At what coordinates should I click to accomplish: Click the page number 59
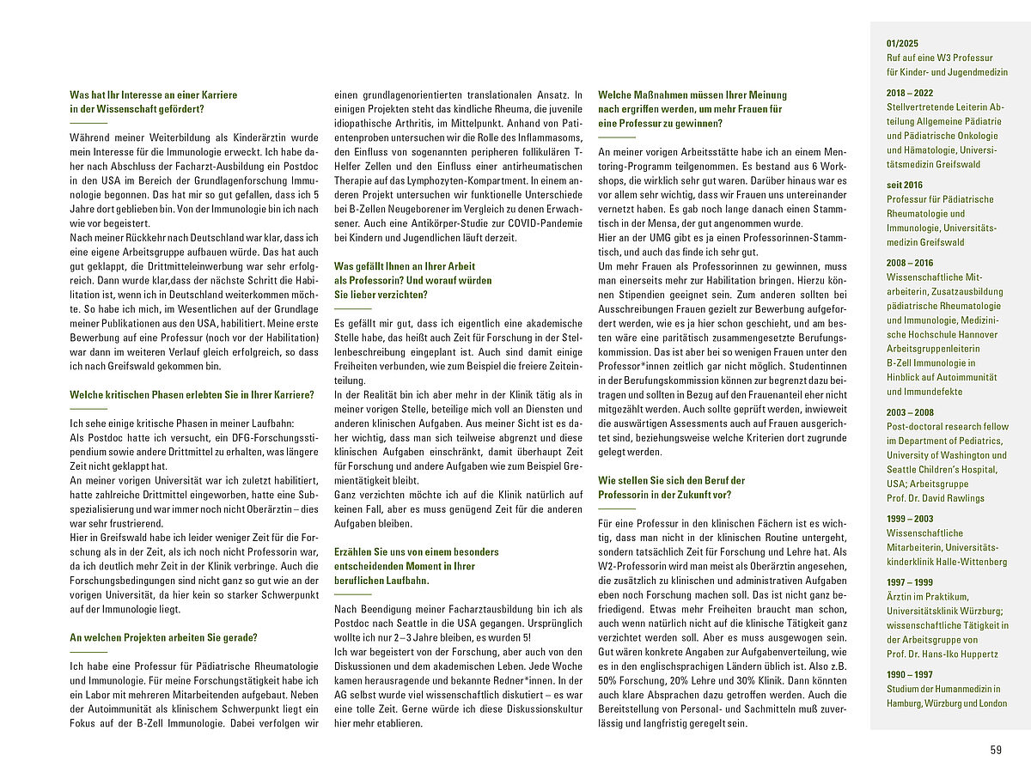click(x=996, y=750)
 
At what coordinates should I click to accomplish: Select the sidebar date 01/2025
click(x=902, y=44)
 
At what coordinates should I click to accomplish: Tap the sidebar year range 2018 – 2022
click(x=910, y=93)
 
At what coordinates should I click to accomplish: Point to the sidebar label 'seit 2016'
click(x=905, y=185)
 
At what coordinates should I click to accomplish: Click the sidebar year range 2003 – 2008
click(x=910, y=412)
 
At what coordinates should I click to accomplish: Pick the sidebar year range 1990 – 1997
click(x=910, y=674)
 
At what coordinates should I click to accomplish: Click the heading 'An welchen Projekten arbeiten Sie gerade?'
click(x=163, y=637)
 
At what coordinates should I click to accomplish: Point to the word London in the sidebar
click(x=993, y=703)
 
